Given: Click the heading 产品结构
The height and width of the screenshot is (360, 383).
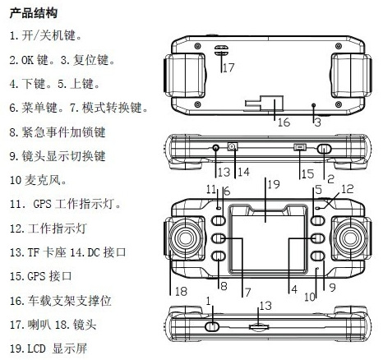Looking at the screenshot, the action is coord(34,13).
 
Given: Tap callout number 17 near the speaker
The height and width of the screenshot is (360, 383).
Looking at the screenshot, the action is coord(228,67).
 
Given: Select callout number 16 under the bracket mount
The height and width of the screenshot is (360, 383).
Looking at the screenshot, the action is coord(284,122).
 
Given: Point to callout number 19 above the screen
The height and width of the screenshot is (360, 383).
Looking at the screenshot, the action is coord(274,184).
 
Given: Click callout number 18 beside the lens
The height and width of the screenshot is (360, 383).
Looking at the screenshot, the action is coord(181,291).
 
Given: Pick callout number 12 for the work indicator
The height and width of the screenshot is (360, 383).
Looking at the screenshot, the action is coord(348,189).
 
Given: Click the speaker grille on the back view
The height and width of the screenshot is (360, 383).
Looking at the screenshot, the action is coord(221,50).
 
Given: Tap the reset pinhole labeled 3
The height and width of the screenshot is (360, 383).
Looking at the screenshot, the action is coord(314,105).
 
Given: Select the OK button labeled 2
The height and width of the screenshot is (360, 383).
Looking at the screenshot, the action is coord(324,149).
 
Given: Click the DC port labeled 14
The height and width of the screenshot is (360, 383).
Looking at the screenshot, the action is coord(233,147).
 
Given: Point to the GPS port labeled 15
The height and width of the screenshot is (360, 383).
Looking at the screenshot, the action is coord(300,148).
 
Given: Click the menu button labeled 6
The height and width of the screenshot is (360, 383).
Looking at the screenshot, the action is coord(219,220).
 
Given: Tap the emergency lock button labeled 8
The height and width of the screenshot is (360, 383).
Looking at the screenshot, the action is coord(219,256).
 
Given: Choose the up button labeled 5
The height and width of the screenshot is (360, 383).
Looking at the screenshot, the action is coord(318,220).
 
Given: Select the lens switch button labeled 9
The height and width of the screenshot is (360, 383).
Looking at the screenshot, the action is coord(318,256).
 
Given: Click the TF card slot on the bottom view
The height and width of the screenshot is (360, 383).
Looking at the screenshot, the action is coord(259,327).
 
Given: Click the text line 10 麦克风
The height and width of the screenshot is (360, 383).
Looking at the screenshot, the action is coord(38,180).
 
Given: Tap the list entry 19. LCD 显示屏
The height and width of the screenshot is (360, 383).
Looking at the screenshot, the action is coord(48,348).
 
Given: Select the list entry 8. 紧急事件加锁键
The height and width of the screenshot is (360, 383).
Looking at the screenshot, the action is coord(58,132).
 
